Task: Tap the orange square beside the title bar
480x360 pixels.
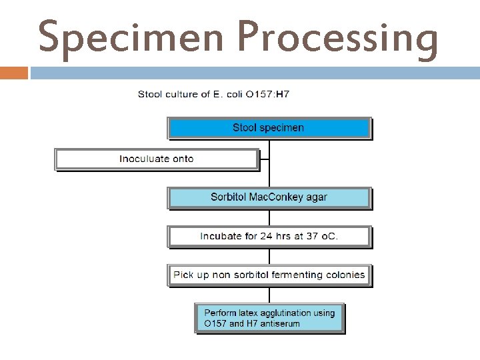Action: [14, 73]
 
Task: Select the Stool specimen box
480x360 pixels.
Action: [269, 128]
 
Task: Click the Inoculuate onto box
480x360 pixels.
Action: [156, 159]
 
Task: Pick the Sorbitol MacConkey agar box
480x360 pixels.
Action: [269, 197]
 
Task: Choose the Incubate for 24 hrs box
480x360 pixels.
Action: [269, 236]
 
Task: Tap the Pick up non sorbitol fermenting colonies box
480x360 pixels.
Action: [269, 275]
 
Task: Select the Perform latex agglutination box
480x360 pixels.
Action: [269, 318]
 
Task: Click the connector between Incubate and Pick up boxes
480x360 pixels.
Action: [269, 256]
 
